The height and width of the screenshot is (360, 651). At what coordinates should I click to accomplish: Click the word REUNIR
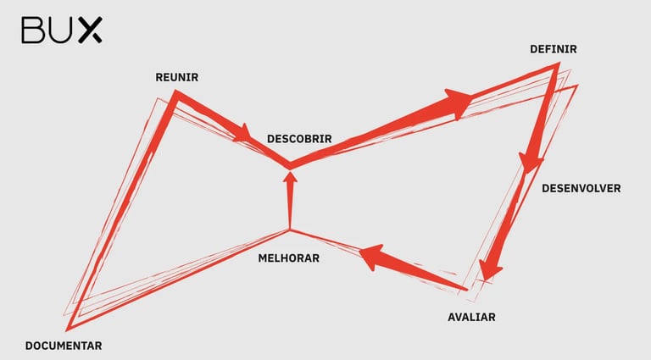pos(176,77)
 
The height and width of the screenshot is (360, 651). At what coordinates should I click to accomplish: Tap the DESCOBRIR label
pos(298,138)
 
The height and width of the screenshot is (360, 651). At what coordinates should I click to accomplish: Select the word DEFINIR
pos(553,49)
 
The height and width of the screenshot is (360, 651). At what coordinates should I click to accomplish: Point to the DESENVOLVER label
pos(581,188)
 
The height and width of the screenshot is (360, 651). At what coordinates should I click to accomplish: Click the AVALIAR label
pos(470,318)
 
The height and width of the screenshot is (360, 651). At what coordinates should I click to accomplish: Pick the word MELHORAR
pos(288,258)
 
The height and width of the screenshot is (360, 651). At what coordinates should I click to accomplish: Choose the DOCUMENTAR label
pos(64,346)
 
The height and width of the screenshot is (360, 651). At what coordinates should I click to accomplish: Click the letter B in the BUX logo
pos(33,30)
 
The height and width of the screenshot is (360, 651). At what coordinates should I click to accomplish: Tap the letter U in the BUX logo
pos(60,30)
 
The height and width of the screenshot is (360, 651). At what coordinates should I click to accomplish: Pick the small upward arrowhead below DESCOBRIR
pos(290,179)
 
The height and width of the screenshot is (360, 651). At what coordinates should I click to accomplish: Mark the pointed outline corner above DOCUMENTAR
pos(68,327)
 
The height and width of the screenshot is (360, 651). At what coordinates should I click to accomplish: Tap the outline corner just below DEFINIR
pos(555,68)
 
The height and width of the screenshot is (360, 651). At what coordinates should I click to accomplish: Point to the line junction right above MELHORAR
pos(290,230)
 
